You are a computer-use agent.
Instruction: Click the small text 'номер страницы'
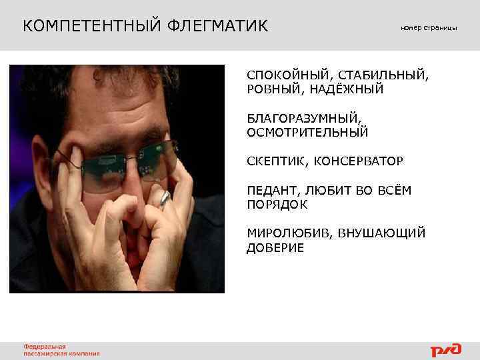[429, 27]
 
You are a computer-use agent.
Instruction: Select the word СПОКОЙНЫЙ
[289, 75]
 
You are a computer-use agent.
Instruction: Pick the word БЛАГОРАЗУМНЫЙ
[305, 119]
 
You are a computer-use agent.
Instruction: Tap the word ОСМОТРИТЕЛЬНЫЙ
[307, 133]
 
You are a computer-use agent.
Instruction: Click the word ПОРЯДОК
[277, 205]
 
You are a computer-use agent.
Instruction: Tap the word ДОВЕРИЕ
[275, 248]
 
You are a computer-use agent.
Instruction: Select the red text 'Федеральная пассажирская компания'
[62, 350]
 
